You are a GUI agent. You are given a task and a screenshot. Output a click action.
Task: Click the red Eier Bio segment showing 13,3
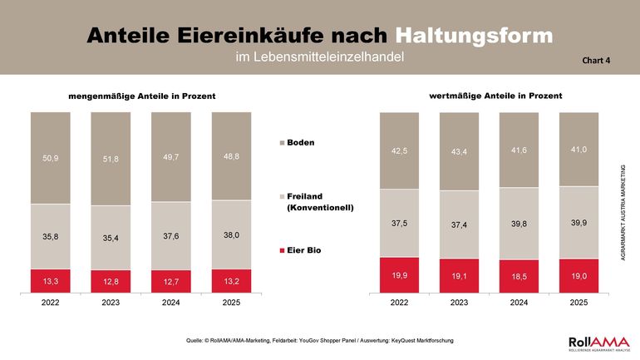point(51,282)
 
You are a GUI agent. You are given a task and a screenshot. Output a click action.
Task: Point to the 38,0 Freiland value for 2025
point(231,235)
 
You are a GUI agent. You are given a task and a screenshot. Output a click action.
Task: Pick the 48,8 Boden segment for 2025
point(231,156)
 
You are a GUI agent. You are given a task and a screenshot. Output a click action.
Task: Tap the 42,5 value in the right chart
point(400,150)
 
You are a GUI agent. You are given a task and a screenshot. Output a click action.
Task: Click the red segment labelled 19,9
point(400,274)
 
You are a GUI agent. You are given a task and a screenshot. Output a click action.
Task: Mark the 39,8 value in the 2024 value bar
point(519,224)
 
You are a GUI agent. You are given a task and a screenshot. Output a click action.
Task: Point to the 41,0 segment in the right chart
point(578,149)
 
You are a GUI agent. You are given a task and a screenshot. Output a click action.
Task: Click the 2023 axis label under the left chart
point(111,303)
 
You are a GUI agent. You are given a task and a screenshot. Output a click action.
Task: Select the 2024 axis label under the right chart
point(519,303)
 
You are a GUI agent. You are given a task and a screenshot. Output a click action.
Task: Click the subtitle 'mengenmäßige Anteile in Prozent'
point(141,96)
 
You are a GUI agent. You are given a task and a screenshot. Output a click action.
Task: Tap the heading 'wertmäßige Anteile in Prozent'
point(495,96)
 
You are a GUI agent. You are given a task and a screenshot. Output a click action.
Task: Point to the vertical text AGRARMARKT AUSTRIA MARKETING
point(624,216)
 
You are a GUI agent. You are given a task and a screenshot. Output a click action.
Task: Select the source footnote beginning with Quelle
point(320,340)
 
